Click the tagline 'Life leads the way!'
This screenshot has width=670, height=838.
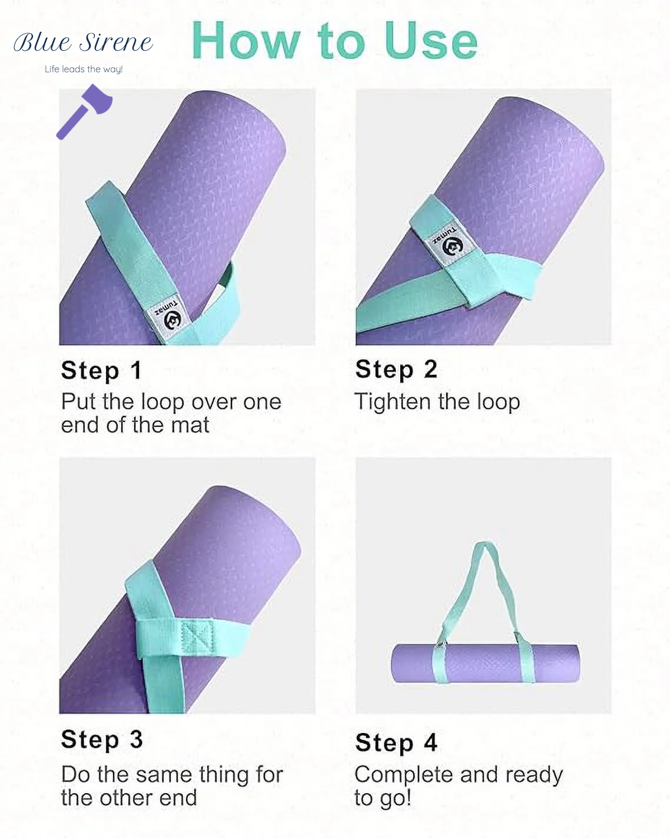click(x=84, y=70)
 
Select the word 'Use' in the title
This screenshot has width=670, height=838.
click(x=430, y=41)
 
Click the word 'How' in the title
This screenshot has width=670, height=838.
click(x=246, y=41)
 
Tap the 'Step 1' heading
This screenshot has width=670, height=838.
click(x=101, y=370)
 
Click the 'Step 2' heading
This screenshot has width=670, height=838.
click(x=396, y=369)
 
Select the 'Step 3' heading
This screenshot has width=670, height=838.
click(x=102, y=739)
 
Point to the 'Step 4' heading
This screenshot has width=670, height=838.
click(x=396, y=742)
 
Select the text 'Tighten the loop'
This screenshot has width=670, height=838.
click(x=437, y=402)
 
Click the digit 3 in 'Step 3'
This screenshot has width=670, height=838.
click(x=136, y=739)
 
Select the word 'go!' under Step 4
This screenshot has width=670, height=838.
click(x=395, y=799)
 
